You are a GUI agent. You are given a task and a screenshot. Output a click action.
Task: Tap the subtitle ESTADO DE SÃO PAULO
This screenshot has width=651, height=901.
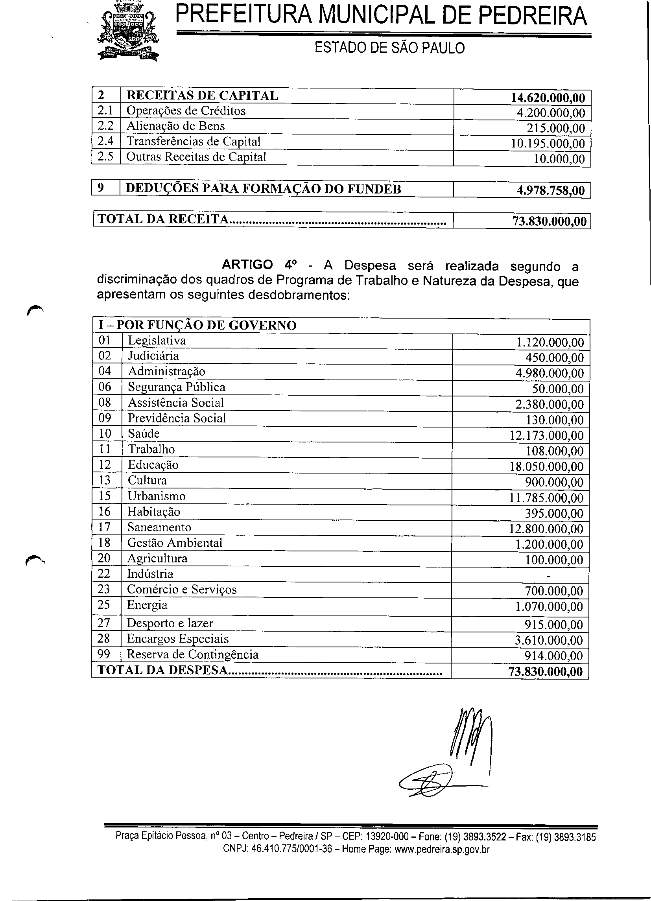389,48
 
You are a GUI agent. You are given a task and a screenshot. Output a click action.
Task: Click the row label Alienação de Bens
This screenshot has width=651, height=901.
175,126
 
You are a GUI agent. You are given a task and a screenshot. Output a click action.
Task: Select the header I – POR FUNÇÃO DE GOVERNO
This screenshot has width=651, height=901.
197,325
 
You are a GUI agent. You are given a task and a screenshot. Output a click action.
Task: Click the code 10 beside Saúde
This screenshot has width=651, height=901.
105,434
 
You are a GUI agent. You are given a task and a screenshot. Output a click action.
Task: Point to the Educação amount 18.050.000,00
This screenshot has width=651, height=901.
546,467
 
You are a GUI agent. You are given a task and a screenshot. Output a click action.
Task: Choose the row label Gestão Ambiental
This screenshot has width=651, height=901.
175,543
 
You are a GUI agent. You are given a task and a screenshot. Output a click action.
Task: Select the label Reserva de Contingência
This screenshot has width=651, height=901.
192,654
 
